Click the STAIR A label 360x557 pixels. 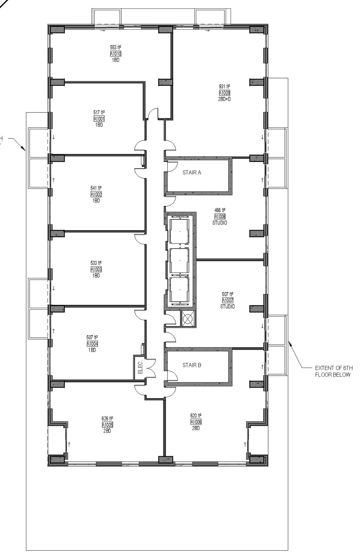pos(192,173)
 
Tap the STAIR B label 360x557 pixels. pos(192,365)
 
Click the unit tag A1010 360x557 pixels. pos(116,54)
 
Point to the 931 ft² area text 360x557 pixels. pos(224,86)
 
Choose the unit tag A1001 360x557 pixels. pos(99,119)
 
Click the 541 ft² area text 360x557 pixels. pos(96,188)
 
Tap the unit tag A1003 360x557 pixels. pos(96,270)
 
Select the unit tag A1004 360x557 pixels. pos(92,344)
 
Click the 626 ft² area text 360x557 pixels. pos(107,419)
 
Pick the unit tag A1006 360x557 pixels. pos(196,422)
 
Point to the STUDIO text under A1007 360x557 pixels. pos(227,306)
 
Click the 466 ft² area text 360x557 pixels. pos(220,211)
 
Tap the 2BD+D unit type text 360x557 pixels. pos(224,99)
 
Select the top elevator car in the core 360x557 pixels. pos(180,230)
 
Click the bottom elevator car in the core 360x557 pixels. pos(180,290)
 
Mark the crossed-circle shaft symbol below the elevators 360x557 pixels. pos(188,319)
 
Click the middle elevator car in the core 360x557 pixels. pos(180,260)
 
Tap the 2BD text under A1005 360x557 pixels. pos(107,431)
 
